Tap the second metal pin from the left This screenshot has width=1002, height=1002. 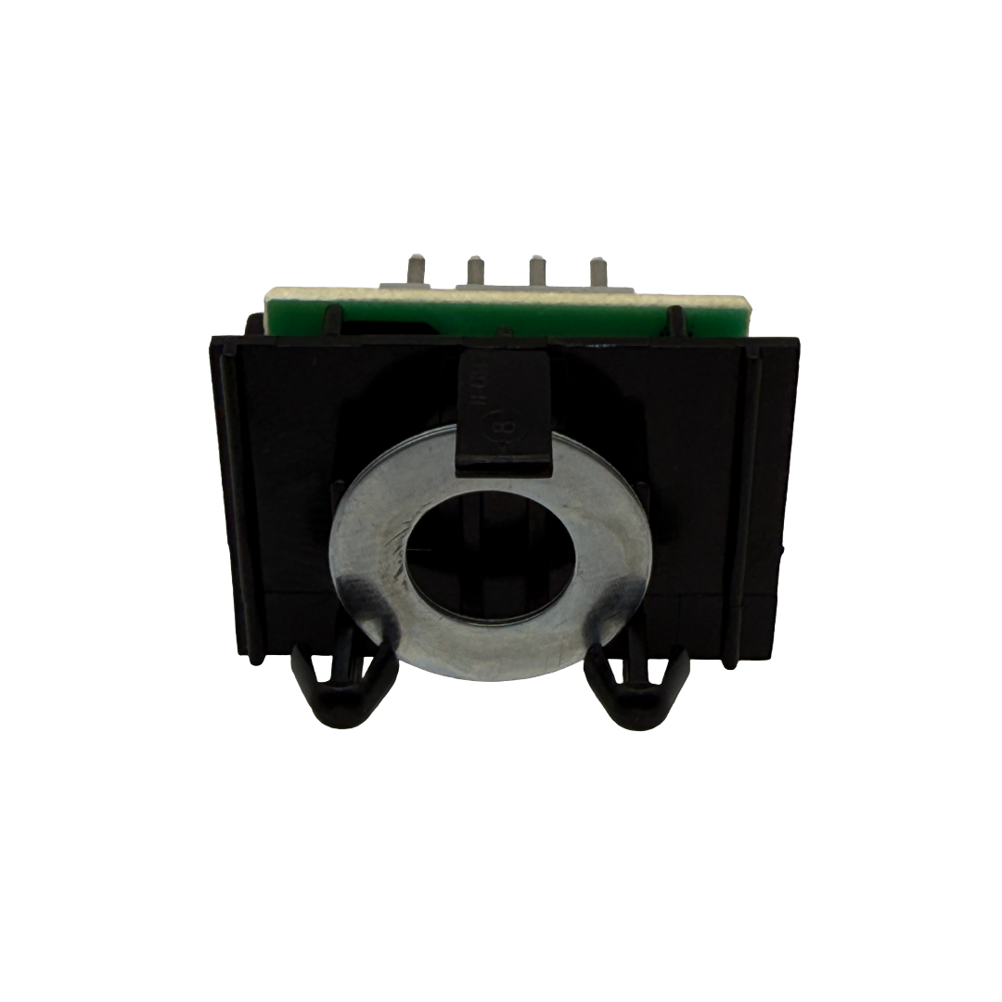473,271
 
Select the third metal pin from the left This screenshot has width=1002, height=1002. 534,271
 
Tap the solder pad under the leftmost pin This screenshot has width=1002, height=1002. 414,292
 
